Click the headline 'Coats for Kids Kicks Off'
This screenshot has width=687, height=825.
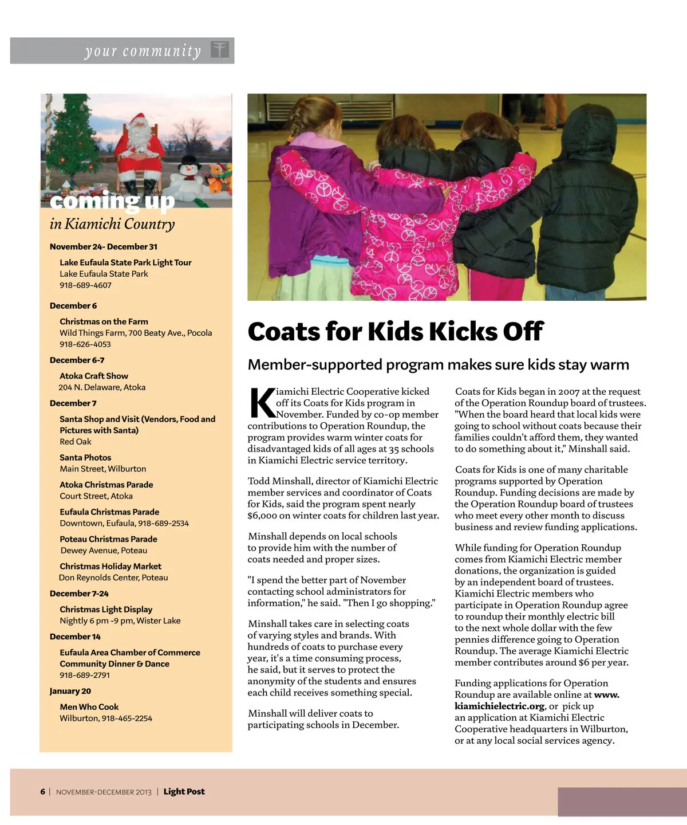tap(395, 332)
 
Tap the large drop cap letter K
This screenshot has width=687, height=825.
tap(262, 403)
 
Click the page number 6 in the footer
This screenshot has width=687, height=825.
tap(43, 792)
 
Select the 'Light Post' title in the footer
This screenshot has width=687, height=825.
tap(184, 792)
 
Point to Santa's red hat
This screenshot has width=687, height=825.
tap(137, 120)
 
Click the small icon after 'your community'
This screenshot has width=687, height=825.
tap(219, 50)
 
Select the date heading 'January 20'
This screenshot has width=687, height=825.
tap(70, 691)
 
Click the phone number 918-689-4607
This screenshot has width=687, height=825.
tap(86, 285)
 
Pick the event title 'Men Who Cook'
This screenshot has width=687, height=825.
tap(89, 707)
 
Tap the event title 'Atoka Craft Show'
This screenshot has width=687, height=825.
tap(94, 376)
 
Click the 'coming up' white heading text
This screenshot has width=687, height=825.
tap(112, 201)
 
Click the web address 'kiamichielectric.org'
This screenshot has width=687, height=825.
tap(499, 706)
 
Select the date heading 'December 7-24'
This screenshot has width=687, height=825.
tap(79, 594)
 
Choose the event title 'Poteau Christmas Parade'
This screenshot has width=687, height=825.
tap(108, 539)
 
